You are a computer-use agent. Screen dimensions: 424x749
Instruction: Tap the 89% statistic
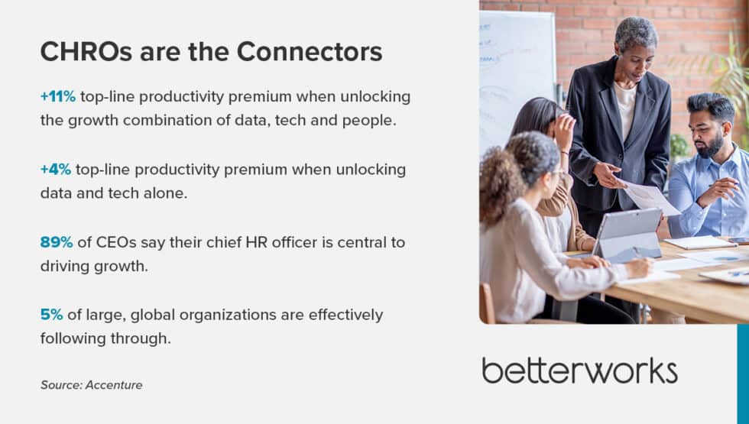57,242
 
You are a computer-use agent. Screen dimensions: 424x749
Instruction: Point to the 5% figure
51,315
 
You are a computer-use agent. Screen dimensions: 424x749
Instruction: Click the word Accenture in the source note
114,385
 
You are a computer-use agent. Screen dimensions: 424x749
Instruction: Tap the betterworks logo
579,371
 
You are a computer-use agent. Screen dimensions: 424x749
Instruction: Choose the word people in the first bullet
368,121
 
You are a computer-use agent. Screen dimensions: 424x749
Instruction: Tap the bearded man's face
710,131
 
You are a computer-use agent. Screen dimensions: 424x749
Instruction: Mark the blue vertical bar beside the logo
742,374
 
